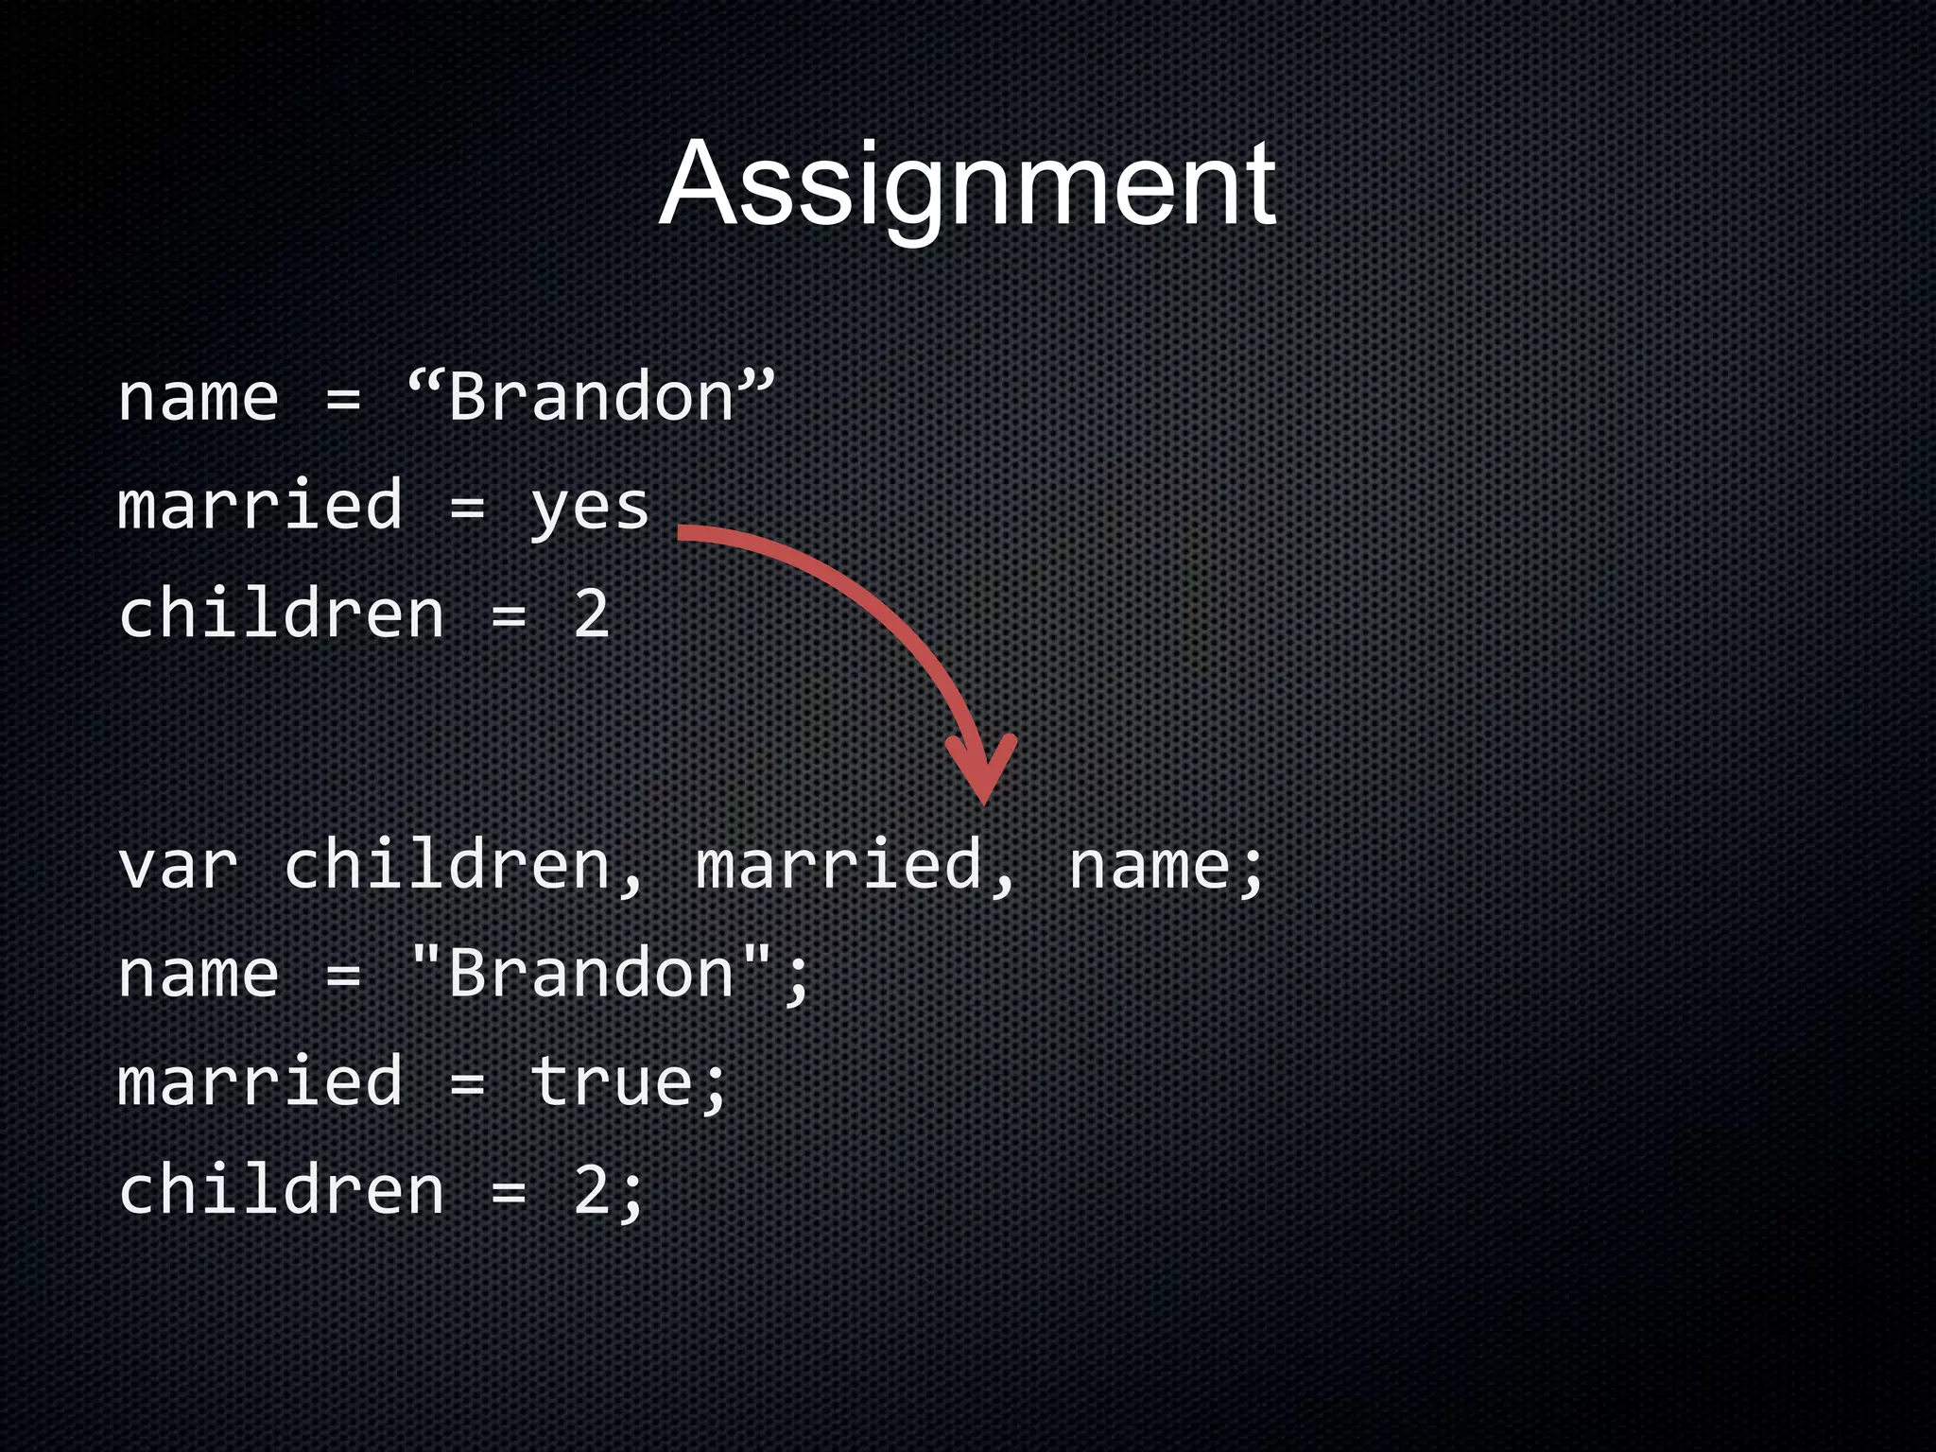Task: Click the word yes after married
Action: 590,508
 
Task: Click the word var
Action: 178,866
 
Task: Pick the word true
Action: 612,1082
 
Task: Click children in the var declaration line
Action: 447,866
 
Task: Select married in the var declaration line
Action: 838,866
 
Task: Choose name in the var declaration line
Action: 1149,866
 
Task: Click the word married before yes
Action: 261,506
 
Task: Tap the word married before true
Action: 261,1082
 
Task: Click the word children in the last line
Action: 282,1191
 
